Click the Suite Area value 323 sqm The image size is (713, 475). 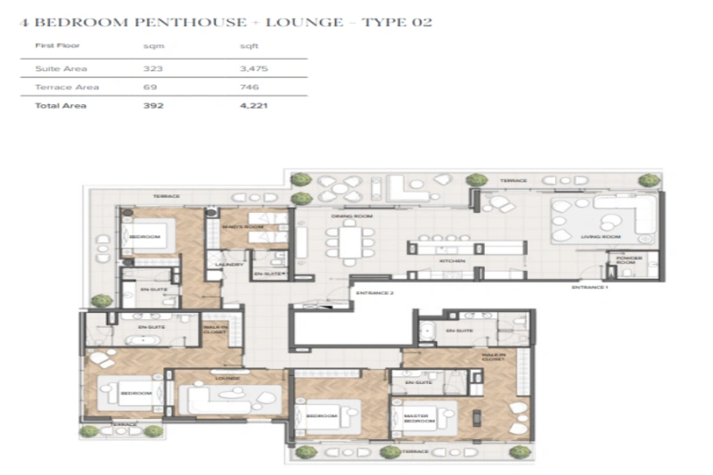point(152,69)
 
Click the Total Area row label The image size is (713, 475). point(55,106)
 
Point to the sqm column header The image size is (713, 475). point(152,45)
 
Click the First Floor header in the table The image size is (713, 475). point(52,45)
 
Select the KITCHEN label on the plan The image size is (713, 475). point(451,261)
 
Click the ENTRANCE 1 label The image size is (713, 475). point(590,288)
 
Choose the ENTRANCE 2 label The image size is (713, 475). point(374,293)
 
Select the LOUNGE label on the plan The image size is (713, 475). point(227,378)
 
